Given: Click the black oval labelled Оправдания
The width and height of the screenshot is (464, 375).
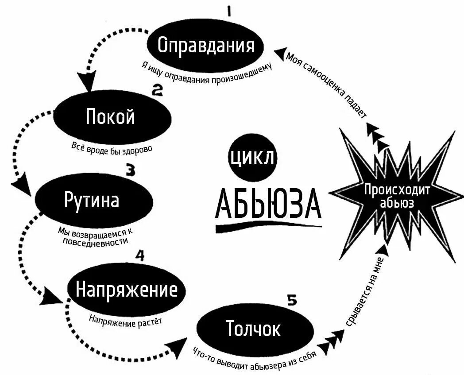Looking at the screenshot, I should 206,45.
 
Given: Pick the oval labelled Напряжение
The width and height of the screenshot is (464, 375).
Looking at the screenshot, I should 127,290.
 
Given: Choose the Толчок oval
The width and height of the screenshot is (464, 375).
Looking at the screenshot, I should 253,329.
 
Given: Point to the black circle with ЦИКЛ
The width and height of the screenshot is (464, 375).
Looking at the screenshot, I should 251,158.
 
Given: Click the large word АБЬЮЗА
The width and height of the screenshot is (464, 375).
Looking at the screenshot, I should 267,205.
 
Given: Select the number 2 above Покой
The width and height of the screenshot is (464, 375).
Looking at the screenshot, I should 158,91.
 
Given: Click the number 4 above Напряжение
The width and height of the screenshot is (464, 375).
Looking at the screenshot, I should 139,255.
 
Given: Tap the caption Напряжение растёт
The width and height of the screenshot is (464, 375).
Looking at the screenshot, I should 125,321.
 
